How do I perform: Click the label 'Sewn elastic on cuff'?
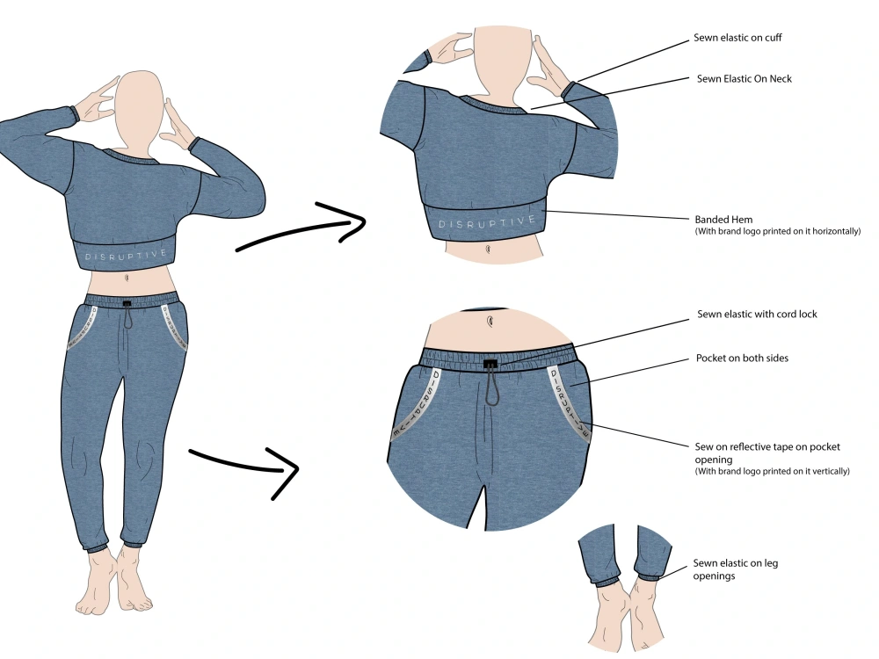pyautogui.click(x=737, y=38)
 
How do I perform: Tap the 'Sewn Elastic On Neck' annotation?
pyautogui.click(x=744, y=79)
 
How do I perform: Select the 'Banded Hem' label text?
pyautogui.click(x=723, y=220)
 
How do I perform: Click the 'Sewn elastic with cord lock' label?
pyautogui.click(x=757, y=315)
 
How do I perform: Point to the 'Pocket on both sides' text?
pyautogui.click(x=742, y=358)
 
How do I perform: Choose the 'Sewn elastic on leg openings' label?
pyautogui.click(x=735, y=569)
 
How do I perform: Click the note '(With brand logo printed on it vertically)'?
pyautogui.click(x=772, y=471)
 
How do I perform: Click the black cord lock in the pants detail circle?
pyautogui.click(x=490, y=365)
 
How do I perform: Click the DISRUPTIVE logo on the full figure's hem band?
pyautogui.click(x=126, y=256)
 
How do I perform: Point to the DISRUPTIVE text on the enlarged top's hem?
pyautogui.click(x=486, y=223)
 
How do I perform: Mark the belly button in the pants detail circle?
pyautogui.click(x=490, y=322)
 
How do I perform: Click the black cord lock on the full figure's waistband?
pyautogui.click(x=127, y=305)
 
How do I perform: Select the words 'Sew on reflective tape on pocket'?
pyautogui.click(x=767, y=447)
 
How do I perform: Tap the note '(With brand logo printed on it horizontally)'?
pyautogui.click(x=778, y=231)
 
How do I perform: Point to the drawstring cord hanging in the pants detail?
pyautogui.click(x=492, y=387)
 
